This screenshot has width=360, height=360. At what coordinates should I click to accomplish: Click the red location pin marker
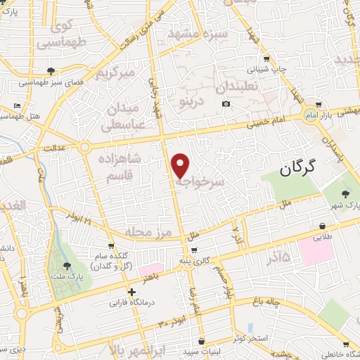click(181, 165)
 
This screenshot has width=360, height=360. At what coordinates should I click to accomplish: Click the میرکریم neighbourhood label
click(115, 72)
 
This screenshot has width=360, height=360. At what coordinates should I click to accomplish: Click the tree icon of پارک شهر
click(345, 193)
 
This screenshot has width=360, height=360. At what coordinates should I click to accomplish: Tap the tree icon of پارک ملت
click(67, 265)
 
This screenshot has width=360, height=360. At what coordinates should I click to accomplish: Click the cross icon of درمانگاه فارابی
click(131, 292)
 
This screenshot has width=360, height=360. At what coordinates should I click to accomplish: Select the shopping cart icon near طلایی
click(321, 226)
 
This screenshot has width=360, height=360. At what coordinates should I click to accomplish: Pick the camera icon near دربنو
click(226, 104)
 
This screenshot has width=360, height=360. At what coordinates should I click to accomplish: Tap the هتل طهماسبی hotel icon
click(18, 106)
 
